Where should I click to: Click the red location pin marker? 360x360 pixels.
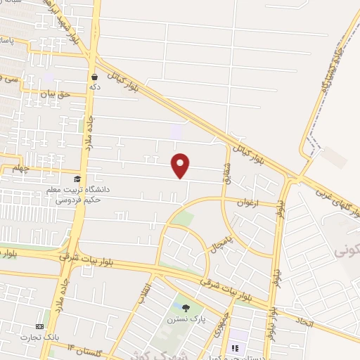(x=181, y=165)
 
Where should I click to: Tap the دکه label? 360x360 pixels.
(x=94, y=86)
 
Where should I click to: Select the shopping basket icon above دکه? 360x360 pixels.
(x=94, y=77)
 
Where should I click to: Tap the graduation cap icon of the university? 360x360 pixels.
(x=77, y=180)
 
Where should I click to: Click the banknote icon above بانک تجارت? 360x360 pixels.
(x=39, y=327)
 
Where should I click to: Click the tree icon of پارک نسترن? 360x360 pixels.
(x=186, y=308)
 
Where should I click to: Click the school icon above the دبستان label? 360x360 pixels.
(x=235, y=347)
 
